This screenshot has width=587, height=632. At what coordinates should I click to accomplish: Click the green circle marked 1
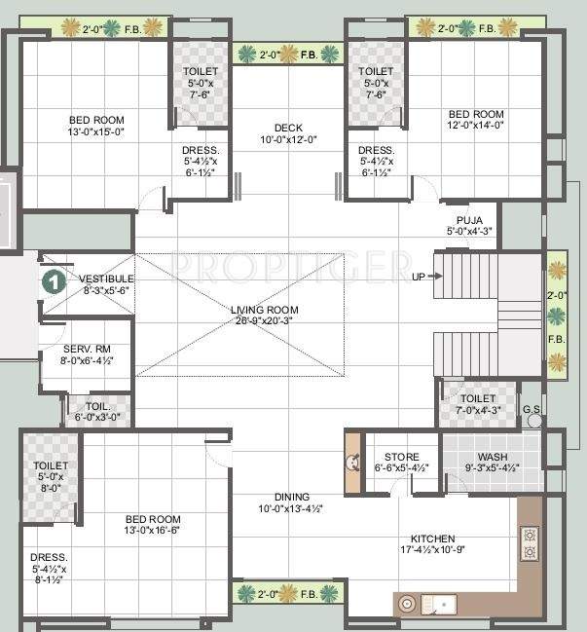[55, 282]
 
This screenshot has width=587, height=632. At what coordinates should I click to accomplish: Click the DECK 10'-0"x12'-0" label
[288, 132]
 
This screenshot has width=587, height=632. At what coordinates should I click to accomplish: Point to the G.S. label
[532, 410]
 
